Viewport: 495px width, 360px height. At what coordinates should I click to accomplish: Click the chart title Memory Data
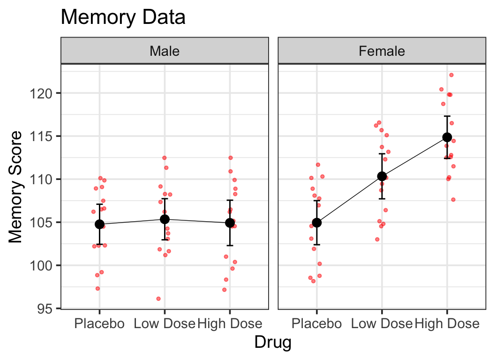point(123,18)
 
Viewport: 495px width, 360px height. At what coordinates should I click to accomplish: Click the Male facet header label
point(165,51)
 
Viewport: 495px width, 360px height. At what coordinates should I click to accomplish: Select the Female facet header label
point(382,51)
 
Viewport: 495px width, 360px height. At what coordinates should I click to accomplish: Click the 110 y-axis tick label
point(46,179)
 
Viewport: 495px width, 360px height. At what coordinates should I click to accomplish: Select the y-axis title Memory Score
point(16,187)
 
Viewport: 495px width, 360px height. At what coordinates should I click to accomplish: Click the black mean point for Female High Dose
point(447,137)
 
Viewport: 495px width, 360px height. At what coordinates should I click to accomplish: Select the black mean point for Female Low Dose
point(382,176)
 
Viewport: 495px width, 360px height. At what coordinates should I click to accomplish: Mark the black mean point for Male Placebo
point(99,224)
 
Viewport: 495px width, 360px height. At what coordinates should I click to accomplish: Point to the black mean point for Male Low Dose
point(165,219)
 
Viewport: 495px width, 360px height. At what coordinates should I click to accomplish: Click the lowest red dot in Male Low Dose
point(158,299)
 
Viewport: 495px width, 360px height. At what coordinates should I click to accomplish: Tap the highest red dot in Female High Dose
point(451,75)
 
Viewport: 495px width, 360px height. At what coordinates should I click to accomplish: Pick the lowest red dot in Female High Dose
point(453,200)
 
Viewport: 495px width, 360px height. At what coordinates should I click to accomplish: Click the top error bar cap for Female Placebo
point(317,201)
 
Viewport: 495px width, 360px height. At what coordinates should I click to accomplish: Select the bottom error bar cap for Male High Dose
point(230,245)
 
